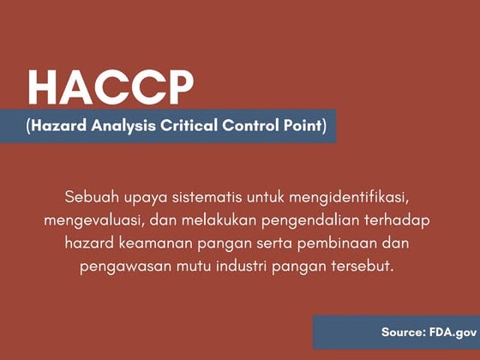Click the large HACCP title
tap(111, 86)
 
